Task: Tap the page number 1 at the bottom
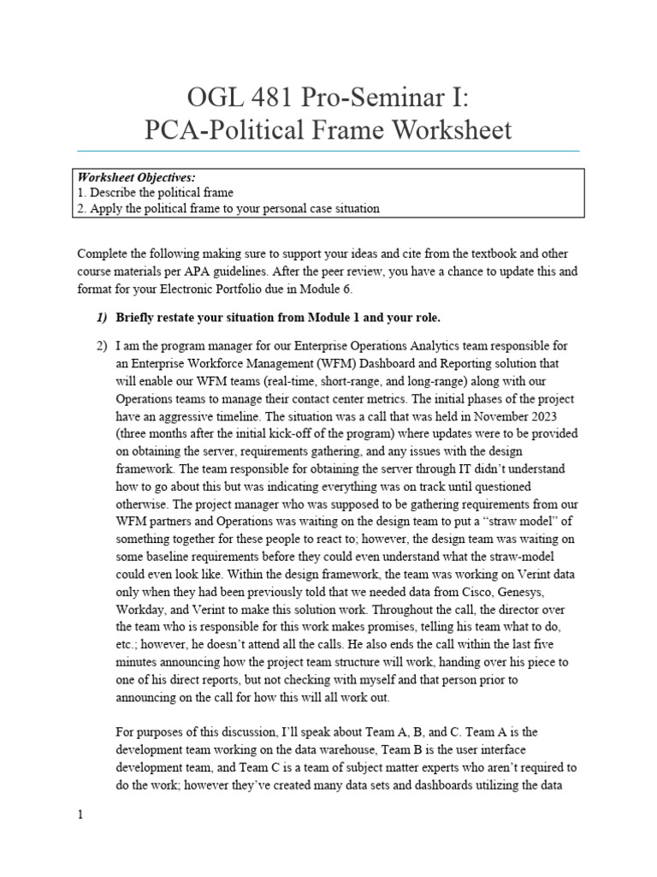click(80, 815)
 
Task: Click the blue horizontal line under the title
click(328, 151)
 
